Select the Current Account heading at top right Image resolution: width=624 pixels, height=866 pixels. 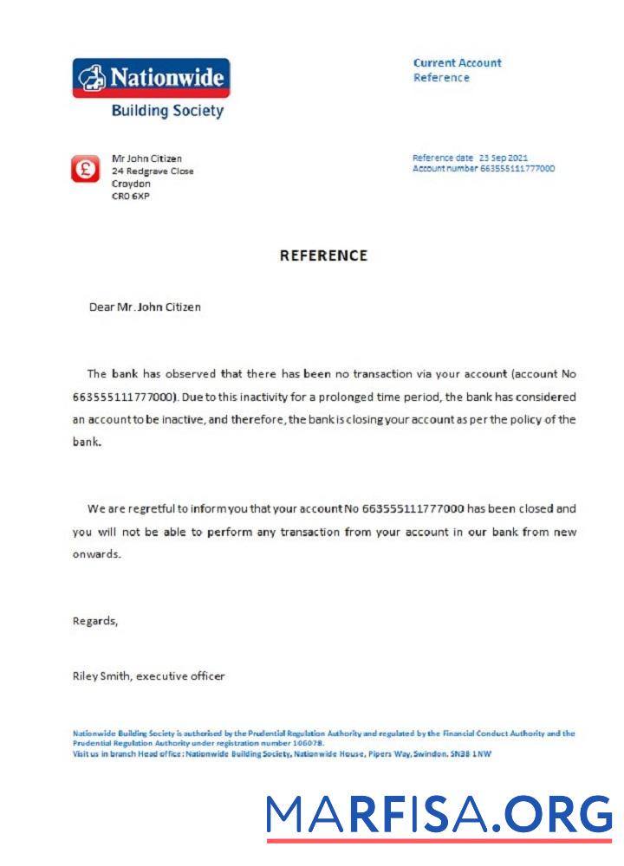457,62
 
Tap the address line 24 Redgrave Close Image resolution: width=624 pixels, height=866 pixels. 153,171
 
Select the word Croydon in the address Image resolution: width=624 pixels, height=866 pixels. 131,184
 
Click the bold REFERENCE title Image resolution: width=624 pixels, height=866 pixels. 323,255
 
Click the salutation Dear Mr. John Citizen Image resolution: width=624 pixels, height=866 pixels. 145,307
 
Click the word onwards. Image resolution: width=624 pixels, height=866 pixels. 96,553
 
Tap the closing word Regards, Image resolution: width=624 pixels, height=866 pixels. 94,621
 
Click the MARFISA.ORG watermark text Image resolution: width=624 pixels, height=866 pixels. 439,814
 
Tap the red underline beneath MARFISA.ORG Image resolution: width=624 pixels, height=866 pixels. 439,840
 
